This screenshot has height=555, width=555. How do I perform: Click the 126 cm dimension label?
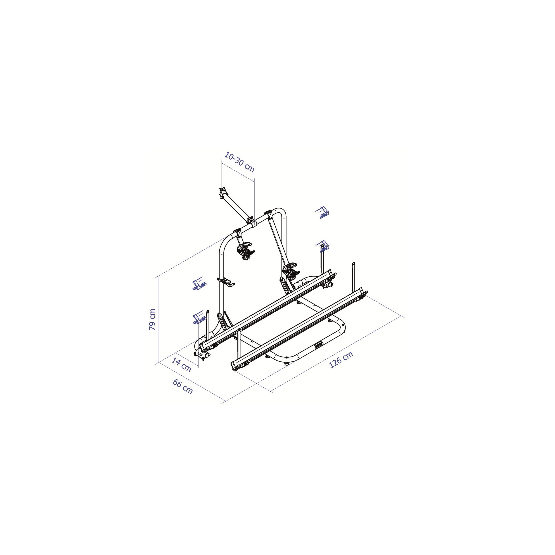(x=341, y=360)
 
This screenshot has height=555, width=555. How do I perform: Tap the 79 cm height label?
(x=152, y=319)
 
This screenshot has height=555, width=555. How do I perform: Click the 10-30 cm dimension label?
(x=239, y=162)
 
